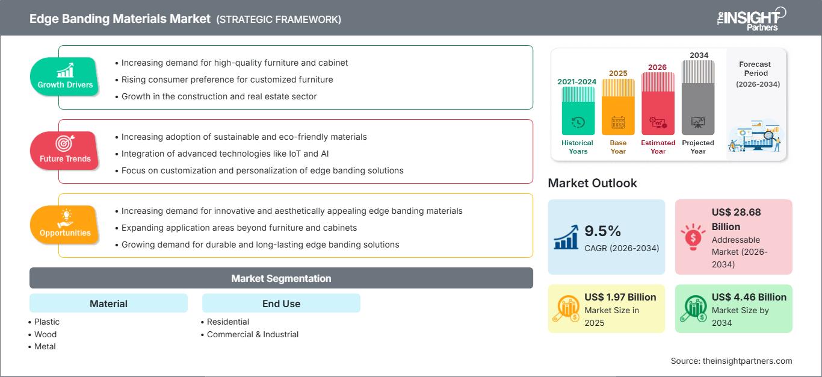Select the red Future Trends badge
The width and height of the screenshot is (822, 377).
coord(65,151)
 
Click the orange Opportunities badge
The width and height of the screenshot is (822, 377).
coord(65,225)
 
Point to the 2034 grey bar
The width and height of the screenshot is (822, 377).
coord(698,99)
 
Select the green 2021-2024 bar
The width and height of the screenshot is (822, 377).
coord(578,111)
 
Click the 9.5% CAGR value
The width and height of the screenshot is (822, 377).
coord(602,231)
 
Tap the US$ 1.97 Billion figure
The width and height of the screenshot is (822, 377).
coord(620,297)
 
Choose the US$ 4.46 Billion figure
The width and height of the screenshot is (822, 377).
coord(749,297)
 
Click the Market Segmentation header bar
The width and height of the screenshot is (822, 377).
coord(281,278)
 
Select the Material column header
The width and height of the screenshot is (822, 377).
coord(108,304)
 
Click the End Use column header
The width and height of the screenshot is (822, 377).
coord(281,304)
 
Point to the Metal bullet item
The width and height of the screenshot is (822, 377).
coord(45,346)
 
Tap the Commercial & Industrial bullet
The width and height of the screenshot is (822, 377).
coord(252,334)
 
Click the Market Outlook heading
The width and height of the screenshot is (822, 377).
coord(592,183)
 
